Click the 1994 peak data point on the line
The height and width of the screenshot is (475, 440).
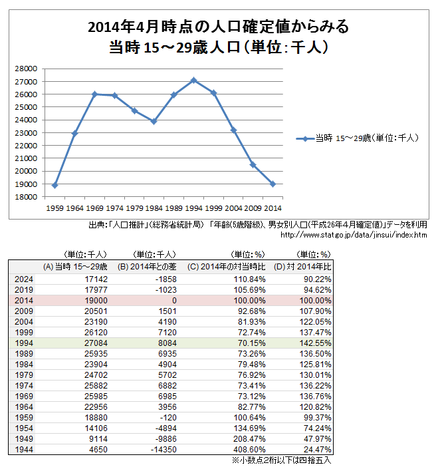tap(193, 80)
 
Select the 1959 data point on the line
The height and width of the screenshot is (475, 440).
tap(55, 186)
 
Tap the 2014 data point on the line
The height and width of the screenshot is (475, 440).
tap(273, 184)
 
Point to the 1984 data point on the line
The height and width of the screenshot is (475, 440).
tap(154, 121)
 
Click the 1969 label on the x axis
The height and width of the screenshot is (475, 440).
tap(94, 208)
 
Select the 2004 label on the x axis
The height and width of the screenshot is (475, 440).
tap(233, 208)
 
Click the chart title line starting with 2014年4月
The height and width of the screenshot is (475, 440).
tap(217, 27)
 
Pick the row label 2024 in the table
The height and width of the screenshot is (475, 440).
tap(23, 279)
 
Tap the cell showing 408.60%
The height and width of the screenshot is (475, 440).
tap(251, 448)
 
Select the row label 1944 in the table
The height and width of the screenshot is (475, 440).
tap(23, 448)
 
